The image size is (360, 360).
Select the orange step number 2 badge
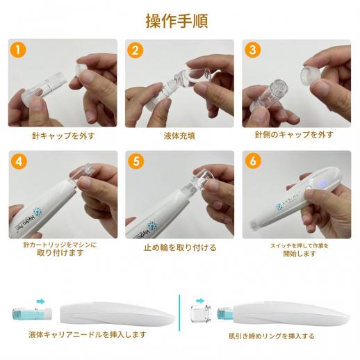coord(136,50)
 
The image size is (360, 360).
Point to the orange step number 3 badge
coord(254,50)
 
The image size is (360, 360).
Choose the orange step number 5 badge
coord(136,161)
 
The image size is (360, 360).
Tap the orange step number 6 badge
coord(254,161)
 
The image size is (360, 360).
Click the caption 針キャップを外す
coord(63,136)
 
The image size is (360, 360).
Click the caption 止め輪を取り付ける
coord(179,247)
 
